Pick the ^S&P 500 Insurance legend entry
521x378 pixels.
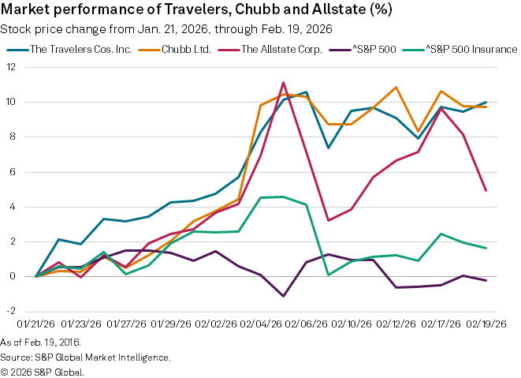tap(471, 49)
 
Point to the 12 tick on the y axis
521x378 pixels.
tap(11, 67)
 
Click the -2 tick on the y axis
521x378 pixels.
tap(11, 311)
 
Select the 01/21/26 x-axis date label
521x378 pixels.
tap(35, 324)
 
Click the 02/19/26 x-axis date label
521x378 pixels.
tap(486, 324)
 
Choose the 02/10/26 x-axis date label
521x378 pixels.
tap(351, 324)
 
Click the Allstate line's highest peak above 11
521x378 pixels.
tap(283, 82)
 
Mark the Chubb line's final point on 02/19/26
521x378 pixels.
tap(486, 107)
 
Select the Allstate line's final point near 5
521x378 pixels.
tap(486, 190)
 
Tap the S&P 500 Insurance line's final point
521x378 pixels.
tap(486, 248)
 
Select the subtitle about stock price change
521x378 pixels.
tap(166, 29)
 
